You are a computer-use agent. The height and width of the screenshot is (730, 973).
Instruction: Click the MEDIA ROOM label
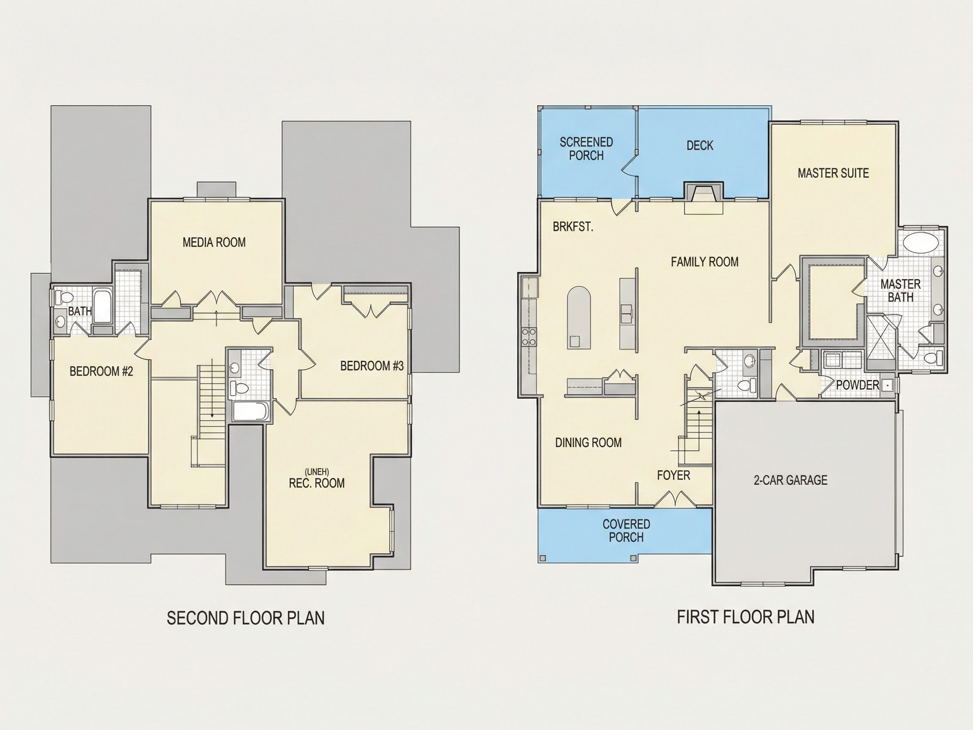pos(214,242)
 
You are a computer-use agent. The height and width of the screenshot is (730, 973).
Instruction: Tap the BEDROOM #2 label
pos(101,372)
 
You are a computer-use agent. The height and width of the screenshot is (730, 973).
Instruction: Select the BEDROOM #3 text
pos(372,366)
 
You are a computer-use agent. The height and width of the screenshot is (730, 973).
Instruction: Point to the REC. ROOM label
pos(317,483)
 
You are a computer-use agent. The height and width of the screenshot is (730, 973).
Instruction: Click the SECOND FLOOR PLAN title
pos(246,618)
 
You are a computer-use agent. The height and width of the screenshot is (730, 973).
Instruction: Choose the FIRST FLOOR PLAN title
pos(745,617)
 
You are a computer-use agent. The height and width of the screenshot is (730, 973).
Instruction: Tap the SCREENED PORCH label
pos(586,149)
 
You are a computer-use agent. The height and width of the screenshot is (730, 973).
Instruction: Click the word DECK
pos(700,146)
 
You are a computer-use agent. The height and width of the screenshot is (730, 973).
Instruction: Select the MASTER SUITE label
pos(833,174)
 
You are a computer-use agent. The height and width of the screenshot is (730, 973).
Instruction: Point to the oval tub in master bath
pos(920,243)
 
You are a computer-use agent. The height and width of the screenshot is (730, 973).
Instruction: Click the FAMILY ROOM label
pos(705,262)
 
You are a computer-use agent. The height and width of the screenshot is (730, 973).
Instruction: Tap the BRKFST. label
pos(573,227)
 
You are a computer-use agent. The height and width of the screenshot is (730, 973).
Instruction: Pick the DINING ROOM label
pos(588,442)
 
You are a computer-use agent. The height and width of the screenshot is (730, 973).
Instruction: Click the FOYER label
pos(673,475)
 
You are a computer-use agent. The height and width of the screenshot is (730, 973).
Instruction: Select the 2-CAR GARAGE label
pos(791,480)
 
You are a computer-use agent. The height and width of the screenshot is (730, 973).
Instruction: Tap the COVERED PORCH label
pos(626,531)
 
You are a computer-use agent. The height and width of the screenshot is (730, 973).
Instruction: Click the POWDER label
pos(857,385)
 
